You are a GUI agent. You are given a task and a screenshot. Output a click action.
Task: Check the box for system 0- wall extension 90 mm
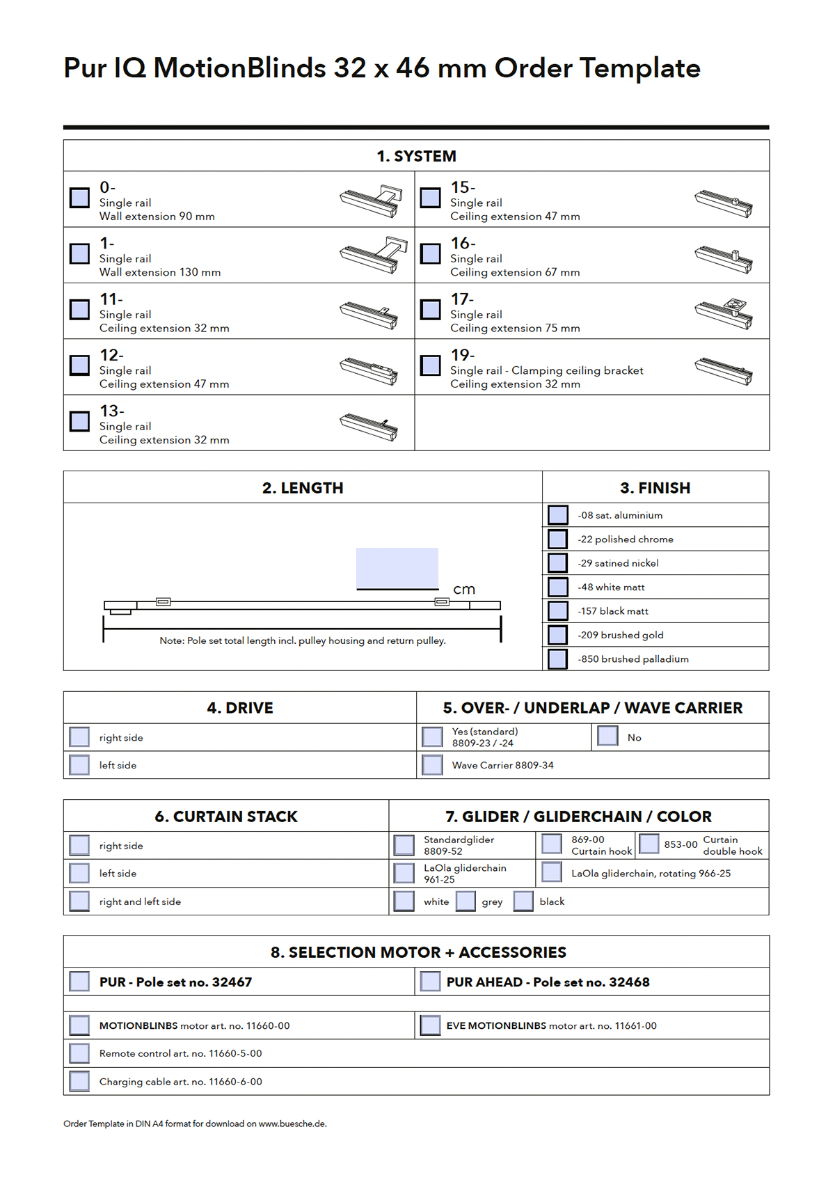click(x=80, y=198)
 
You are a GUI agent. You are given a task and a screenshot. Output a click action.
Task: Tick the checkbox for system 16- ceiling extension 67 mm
click(x=431, y=253)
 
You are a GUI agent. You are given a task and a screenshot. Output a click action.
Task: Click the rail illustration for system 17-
click(x=724, y=313)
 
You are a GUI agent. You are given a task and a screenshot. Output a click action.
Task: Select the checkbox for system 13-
click(x=80, y=421)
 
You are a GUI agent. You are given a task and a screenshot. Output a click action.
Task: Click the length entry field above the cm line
click(x=397, y=568)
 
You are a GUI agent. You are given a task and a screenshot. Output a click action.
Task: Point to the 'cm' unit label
click(x=464, y=590)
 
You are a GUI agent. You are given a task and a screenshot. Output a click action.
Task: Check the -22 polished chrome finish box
click(x=558, y=539)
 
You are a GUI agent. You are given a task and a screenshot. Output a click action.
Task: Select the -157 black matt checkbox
click(x=558, y=611)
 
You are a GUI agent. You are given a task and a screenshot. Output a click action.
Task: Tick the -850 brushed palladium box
click(x=558, y=659)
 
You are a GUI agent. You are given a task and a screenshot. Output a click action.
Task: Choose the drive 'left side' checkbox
click(x=80, y=765)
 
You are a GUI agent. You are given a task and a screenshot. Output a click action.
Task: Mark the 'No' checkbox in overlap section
click(x=608, y=736)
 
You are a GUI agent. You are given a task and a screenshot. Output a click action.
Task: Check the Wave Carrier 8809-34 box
click(x=432, y=765)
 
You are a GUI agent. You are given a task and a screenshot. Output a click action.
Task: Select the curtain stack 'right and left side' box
click(x=80, y=901)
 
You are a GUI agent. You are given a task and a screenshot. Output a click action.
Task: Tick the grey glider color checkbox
click(x=466, y=901)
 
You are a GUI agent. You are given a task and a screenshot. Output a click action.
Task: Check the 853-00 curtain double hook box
click(x=649, y=844)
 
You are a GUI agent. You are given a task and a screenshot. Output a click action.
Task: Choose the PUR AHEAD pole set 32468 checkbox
click(x=431, y=982)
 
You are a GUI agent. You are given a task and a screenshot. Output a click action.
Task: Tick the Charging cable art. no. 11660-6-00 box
click(x=80, y=1082)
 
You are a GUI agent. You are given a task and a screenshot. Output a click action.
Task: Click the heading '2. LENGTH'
click(x=303, y=488)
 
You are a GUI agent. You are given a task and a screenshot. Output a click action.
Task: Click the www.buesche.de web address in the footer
click(x=292, y=1124)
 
